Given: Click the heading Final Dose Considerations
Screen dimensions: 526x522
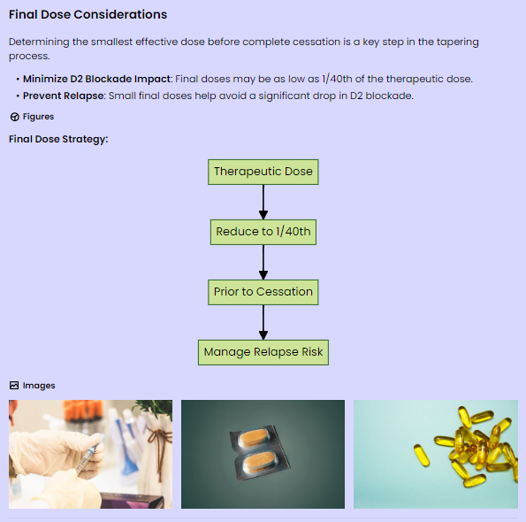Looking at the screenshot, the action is [x=88, y=14].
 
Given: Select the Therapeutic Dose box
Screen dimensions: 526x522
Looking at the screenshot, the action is [x=263, y=172].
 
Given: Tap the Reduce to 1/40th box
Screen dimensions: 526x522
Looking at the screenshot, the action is [x=263, y=232].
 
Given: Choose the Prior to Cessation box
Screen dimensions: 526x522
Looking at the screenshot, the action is [x=263, y=292].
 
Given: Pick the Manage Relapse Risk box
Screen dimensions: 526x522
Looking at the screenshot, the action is [x=263, y=352].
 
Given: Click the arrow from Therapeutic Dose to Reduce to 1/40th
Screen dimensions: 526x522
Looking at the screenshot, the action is [x=263, y=202].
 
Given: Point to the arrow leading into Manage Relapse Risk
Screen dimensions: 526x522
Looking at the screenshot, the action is [x=263, y=322].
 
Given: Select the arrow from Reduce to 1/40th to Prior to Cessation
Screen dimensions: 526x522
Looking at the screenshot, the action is [x=263, y=262].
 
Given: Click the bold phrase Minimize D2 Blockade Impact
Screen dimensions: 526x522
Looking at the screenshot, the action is [x=97, y=79].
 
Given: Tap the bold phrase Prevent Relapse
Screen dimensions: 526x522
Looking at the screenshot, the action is [x=64, y=96].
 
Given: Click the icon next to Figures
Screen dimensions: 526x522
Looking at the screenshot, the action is [x=14, y=117].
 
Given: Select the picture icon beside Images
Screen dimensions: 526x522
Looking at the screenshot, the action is [x=14, y=386].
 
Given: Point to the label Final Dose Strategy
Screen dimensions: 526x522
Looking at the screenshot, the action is [x=58, y=139].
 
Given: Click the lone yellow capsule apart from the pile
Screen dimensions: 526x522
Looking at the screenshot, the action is [x=422, y=455].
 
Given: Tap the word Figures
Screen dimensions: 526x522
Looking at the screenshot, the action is [x=38, y=117].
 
